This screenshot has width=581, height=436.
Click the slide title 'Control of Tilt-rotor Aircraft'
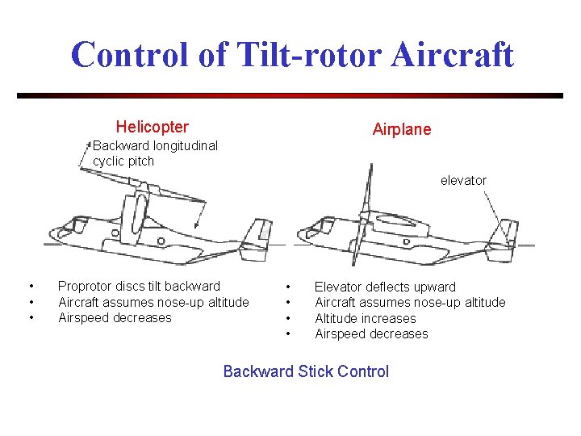[x=291, y=55]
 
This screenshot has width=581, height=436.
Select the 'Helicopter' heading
[x=152, y=127]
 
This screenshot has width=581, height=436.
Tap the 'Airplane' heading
[x=401, y=129]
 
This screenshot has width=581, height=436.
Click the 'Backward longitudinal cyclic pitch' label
[x=154, y=153]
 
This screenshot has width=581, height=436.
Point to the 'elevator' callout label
[x=463, y=180]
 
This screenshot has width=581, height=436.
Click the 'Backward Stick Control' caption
[x=306, y=371]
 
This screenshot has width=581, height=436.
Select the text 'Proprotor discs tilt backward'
[x=139, y=286]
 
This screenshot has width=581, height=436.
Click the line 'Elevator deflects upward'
[x=385, y=287]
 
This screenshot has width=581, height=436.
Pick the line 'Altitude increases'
[x=365, y=318]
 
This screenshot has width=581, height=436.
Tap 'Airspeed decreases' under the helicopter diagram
[x=115, y=317]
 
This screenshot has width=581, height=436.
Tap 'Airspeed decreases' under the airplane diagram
[x=371, y=333]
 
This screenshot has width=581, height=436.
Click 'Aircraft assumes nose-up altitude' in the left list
[x=153, y=302]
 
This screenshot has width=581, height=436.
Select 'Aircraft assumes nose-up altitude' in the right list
[x=410, y=302]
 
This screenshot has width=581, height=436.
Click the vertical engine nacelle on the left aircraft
[x=135, y=215]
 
